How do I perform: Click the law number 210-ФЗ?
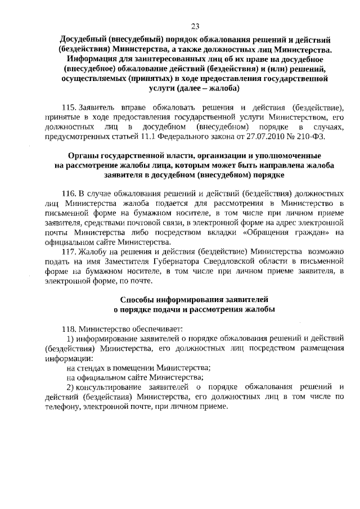(x=321, y=136)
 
